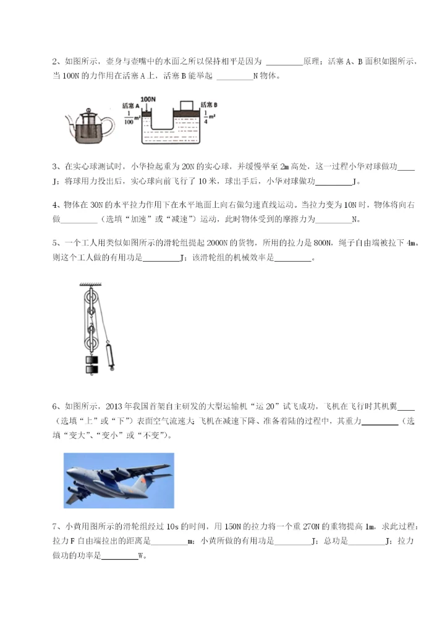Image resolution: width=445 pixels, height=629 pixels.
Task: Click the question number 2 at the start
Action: click(55, 62)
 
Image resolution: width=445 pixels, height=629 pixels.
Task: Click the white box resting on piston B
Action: click(185, 105)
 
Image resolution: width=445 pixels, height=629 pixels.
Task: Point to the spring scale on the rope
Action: click(112, 356)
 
